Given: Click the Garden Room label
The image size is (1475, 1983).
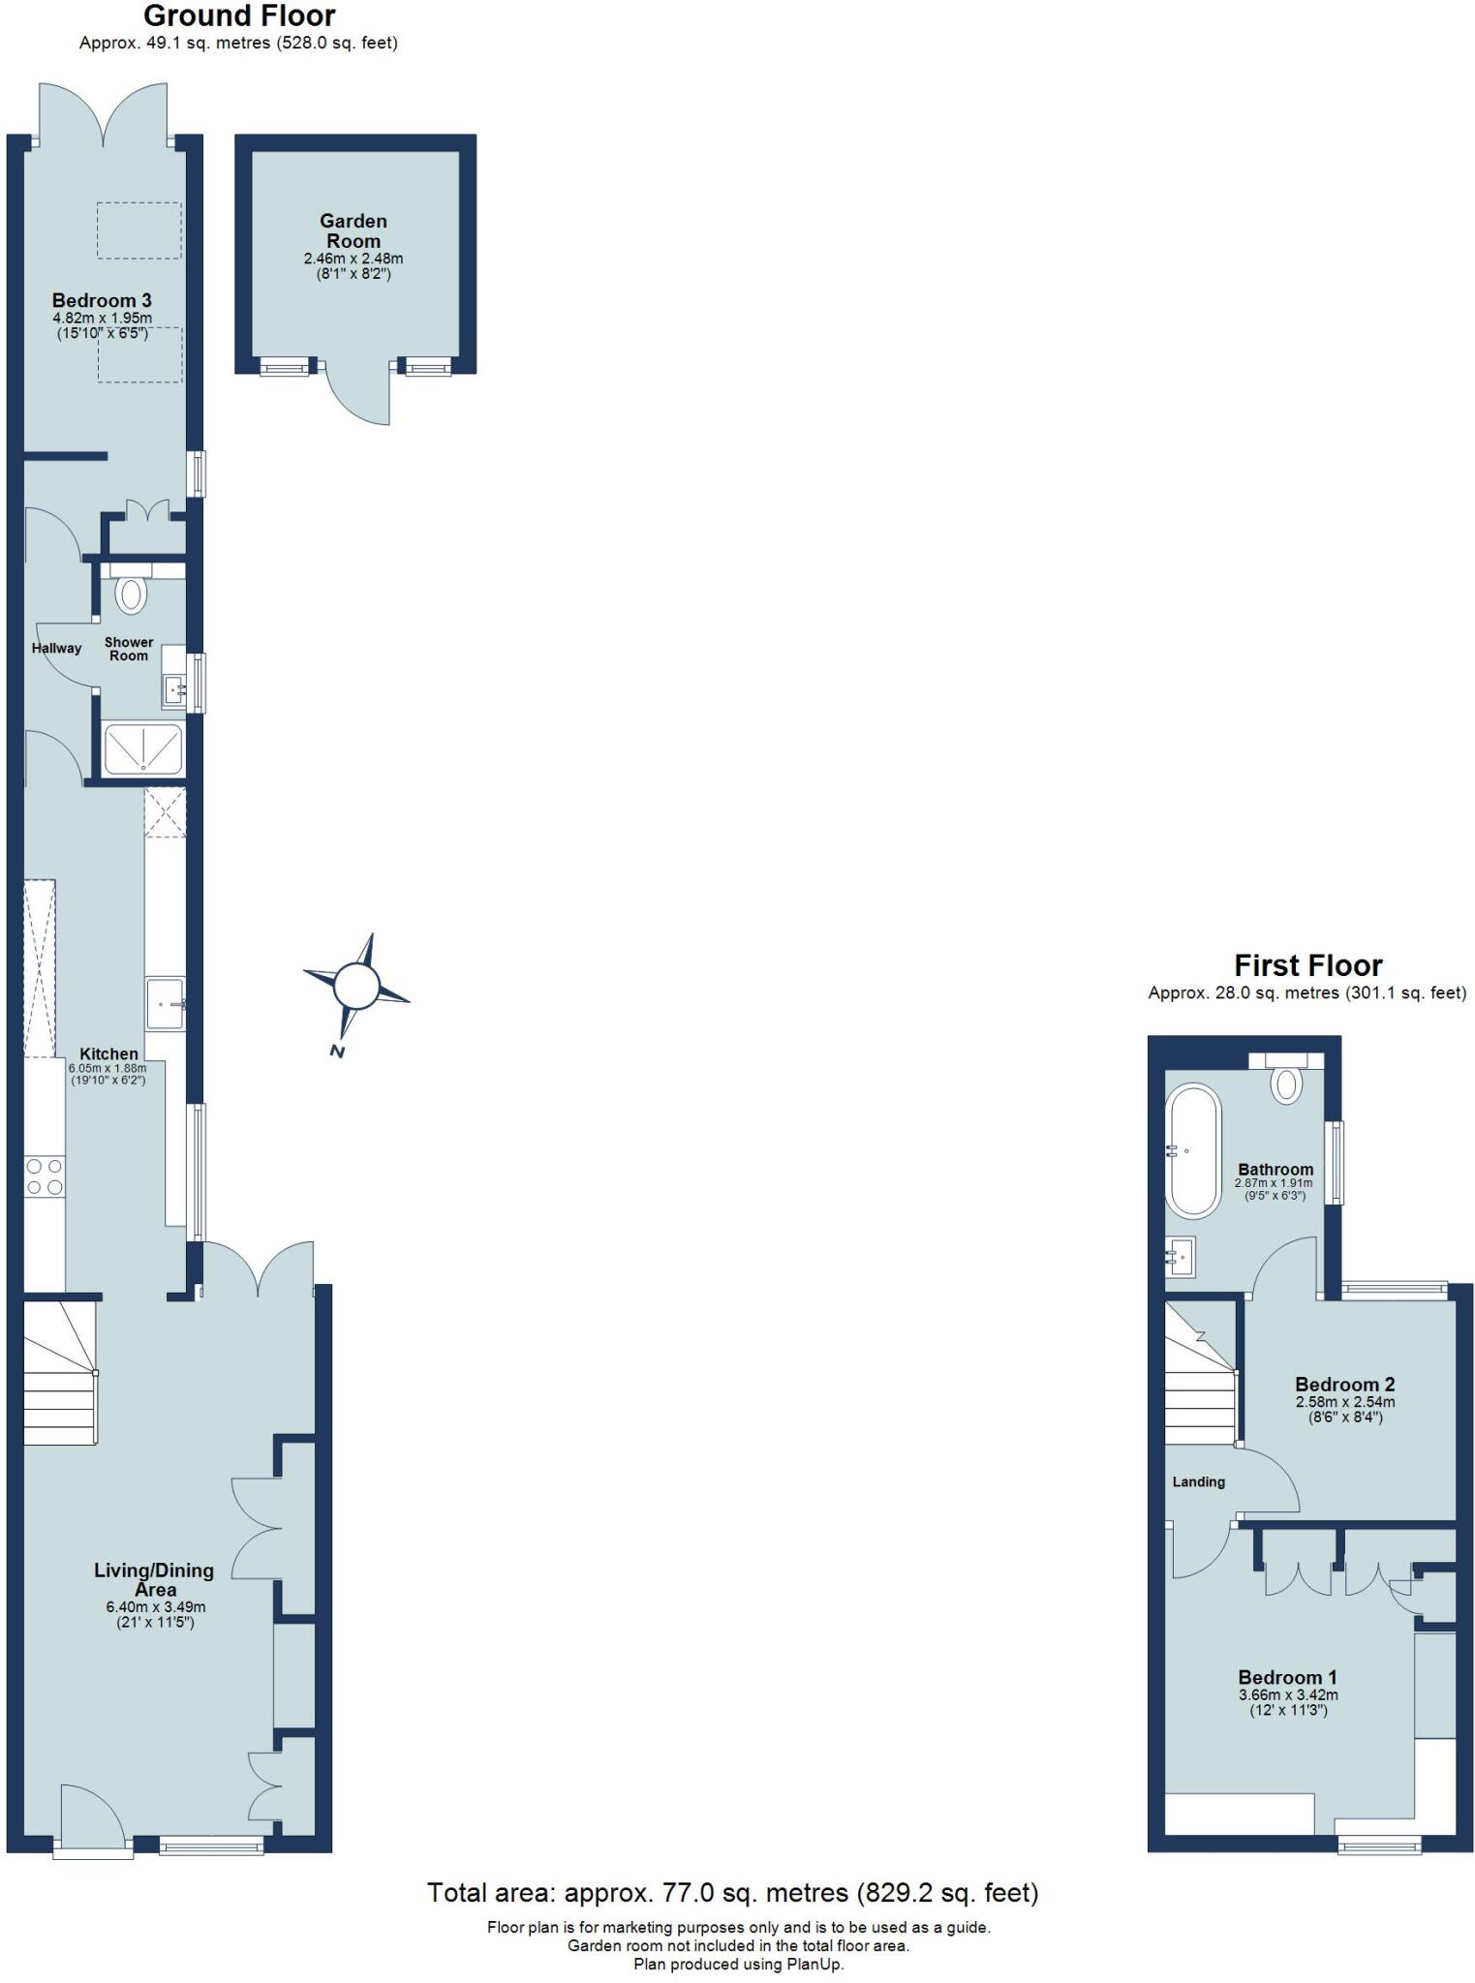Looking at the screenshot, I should tap(353, 231).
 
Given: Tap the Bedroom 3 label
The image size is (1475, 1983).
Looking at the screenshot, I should tap(102, 300).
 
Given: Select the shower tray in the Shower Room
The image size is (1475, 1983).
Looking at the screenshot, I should tap(142, 748).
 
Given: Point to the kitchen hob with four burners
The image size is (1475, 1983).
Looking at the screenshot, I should tap(45, 1176).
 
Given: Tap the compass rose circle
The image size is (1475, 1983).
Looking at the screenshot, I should tap(354, 987).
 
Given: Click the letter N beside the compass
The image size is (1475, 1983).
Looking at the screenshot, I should tap(336, 1052).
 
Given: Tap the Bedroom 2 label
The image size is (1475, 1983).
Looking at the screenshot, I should tap(1344, 1385).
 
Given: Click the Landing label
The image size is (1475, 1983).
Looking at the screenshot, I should tap(1198, 1482).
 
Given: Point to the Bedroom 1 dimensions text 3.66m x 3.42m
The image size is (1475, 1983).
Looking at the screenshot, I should tap(1288, 1695).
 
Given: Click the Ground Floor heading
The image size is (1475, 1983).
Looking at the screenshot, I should tap(239, 15).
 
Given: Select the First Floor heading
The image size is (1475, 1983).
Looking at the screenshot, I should tap(1307, 965).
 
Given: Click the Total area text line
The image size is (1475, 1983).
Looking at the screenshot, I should tap(732, 1892).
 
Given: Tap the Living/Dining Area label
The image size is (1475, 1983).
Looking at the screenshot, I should tap(154, 1579).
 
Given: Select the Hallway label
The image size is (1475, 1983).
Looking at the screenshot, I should tap(56, 648).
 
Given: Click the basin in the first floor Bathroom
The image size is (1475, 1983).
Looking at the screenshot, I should tap(1181, 1258).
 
